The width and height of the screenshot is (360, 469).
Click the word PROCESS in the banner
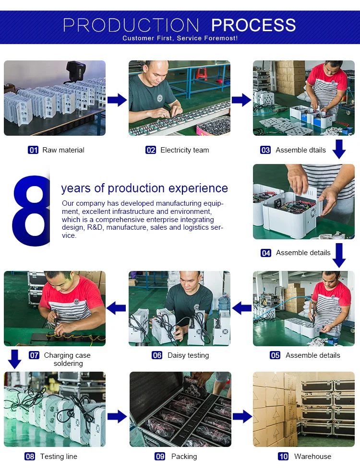(x=253, y=25)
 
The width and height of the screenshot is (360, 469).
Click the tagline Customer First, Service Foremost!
(x=180, y=38)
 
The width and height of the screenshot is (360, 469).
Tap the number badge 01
(x=33, y=150)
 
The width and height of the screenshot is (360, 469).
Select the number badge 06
(x=157, y=355)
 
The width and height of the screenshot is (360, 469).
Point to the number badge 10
(x=283, y=457)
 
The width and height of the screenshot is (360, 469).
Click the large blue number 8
(x=31, y=211)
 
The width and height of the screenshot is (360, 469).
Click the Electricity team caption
(x=184, y=150)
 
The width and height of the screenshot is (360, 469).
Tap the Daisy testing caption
(x=188, y=355)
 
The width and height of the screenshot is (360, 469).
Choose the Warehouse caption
(x=312, y=457)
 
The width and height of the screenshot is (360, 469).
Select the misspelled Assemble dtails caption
(x=300, y=150)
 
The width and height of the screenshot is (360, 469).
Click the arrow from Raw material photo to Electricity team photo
(x=117, y=100)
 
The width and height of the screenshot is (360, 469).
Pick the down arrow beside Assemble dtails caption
(x=339, y=149)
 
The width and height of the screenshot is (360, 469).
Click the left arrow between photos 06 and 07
(x=116, y=308)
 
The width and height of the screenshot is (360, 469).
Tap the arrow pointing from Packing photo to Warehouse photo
(x=242, y=416)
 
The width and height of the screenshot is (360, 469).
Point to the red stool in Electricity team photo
(x=202, y=73)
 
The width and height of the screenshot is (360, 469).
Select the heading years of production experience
(x=144, y=188)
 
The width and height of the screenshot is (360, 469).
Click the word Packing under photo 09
(x=184, y=457)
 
